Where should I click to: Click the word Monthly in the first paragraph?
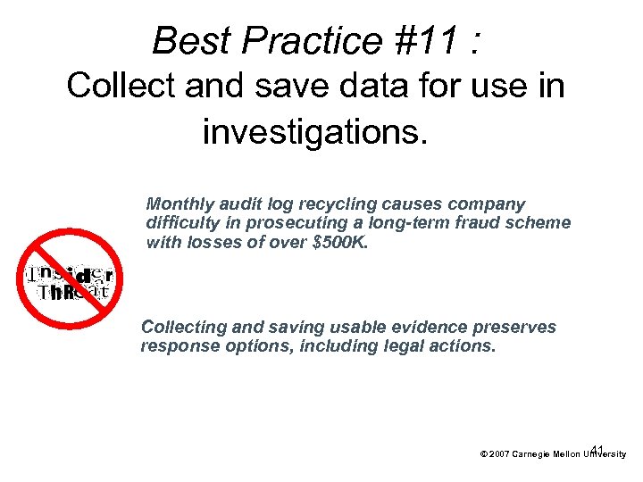180,204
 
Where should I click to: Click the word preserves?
517,328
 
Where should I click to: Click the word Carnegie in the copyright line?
533,454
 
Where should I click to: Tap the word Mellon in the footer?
570,454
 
